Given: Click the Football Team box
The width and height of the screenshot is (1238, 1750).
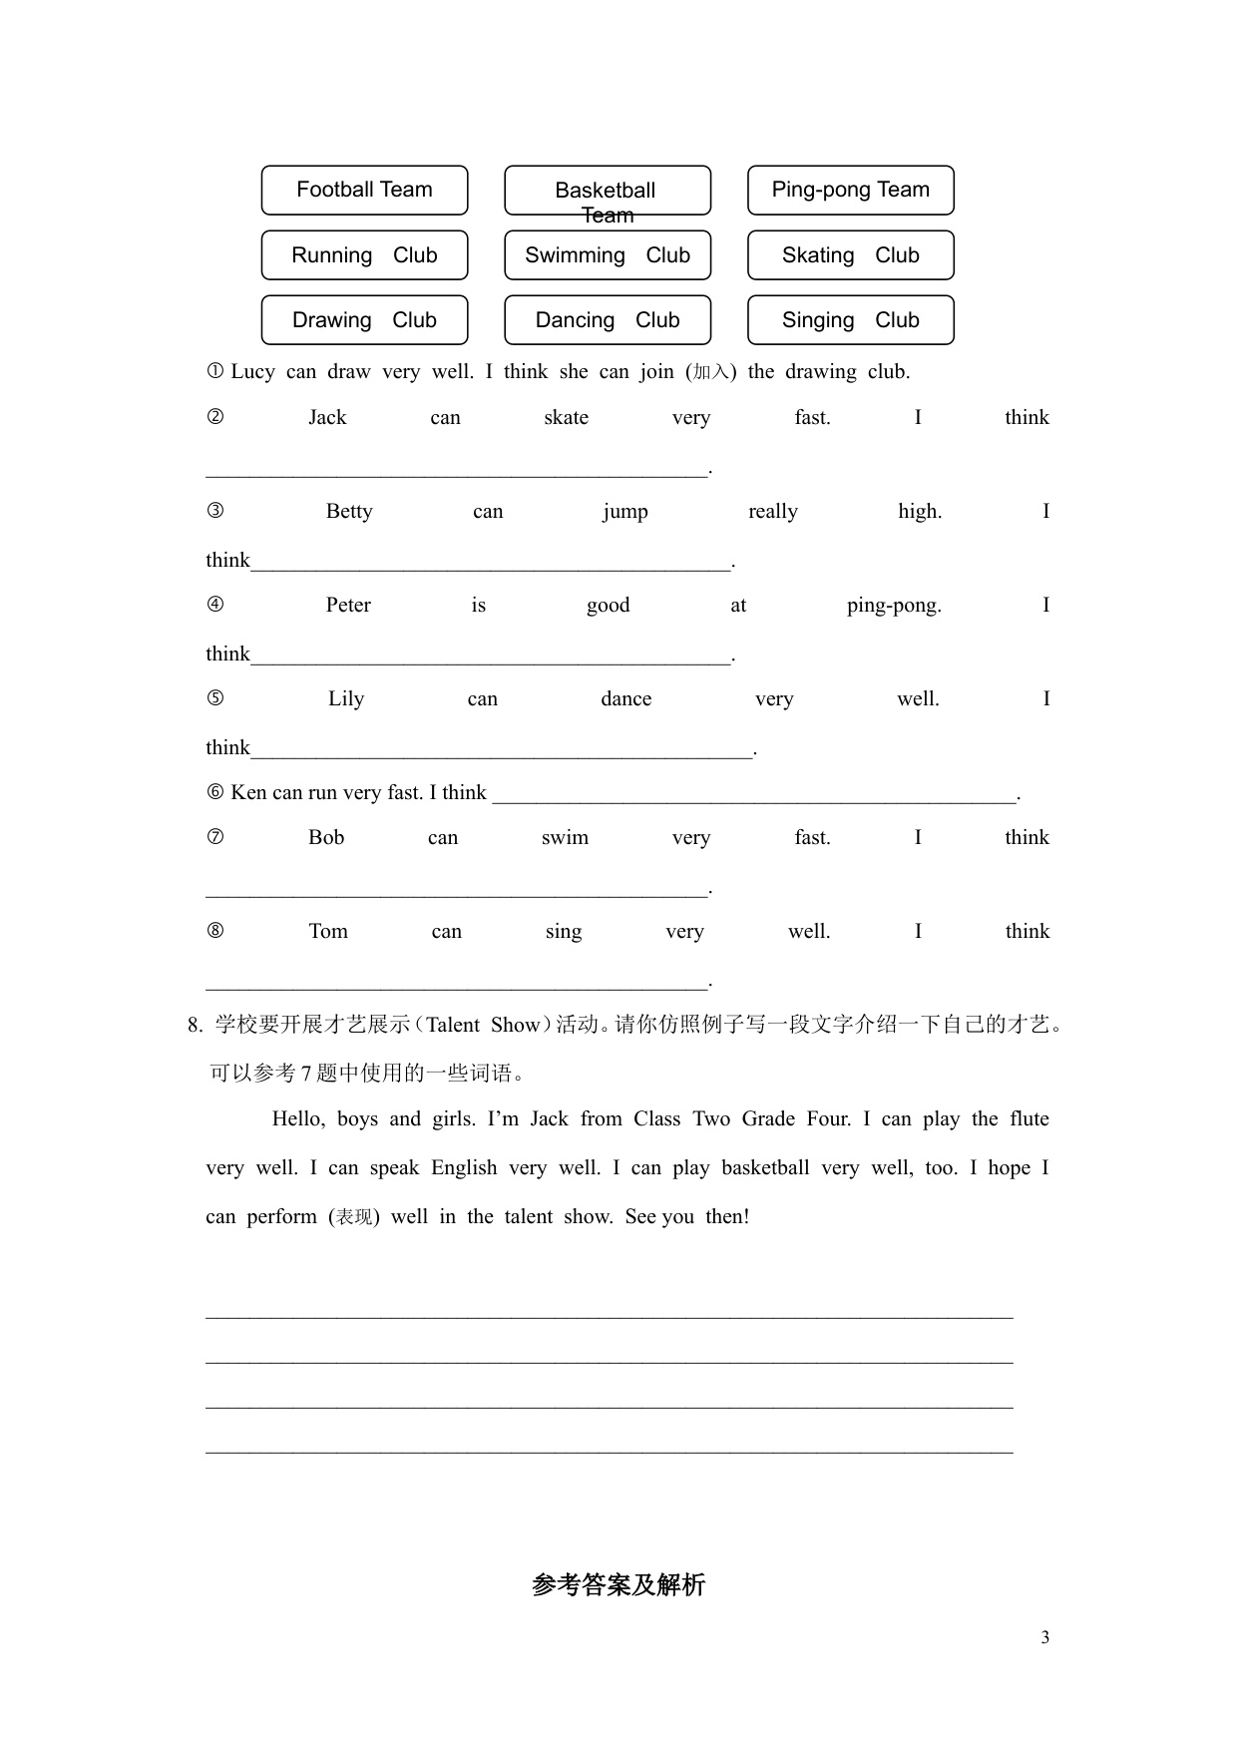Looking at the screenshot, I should pos(364,190).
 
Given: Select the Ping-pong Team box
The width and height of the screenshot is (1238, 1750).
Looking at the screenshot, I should pos(850,190).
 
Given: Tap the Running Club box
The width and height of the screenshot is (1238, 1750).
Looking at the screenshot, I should pos(364,255).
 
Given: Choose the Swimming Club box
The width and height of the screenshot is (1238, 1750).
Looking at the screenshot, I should pos(607,255).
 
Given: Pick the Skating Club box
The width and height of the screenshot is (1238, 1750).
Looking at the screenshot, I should pos(850,255).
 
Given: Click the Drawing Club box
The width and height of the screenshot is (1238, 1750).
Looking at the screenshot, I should pos(364,320).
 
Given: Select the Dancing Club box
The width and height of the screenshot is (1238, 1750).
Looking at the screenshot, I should pos(607,320).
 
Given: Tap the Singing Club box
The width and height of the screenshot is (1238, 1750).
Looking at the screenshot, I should pos(850,320).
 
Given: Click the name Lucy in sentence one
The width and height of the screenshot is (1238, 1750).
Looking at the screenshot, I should pos(252,372).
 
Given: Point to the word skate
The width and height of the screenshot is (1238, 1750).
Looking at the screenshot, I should pos(566,418).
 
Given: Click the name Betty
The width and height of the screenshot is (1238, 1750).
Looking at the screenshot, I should pos(349,512).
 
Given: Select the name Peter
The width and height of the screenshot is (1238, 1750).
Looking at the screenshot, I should pos(348,606).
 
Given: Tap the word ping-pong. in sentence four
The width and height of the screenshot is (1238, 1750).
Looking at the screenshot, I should pos(894,606).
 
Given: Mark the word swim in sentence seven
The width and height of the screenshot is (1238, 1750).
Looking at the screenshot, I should pos(565,838).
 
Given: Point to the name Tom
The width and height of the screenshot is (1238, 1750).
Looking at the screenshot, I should pos(328,932).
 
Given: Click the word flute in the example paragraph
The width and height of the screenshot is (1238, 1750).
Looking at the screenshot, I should pos(1029,1119).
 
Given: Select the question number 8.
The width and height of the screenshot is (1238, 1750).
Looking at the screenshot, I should pos(195,1026).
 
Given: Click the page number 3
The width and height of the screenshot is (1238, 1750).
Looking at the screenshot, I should pos(1044,1637).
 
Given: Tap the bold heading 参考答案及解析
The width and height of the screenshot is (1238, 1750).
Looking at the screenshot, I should pos(619,1584).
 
